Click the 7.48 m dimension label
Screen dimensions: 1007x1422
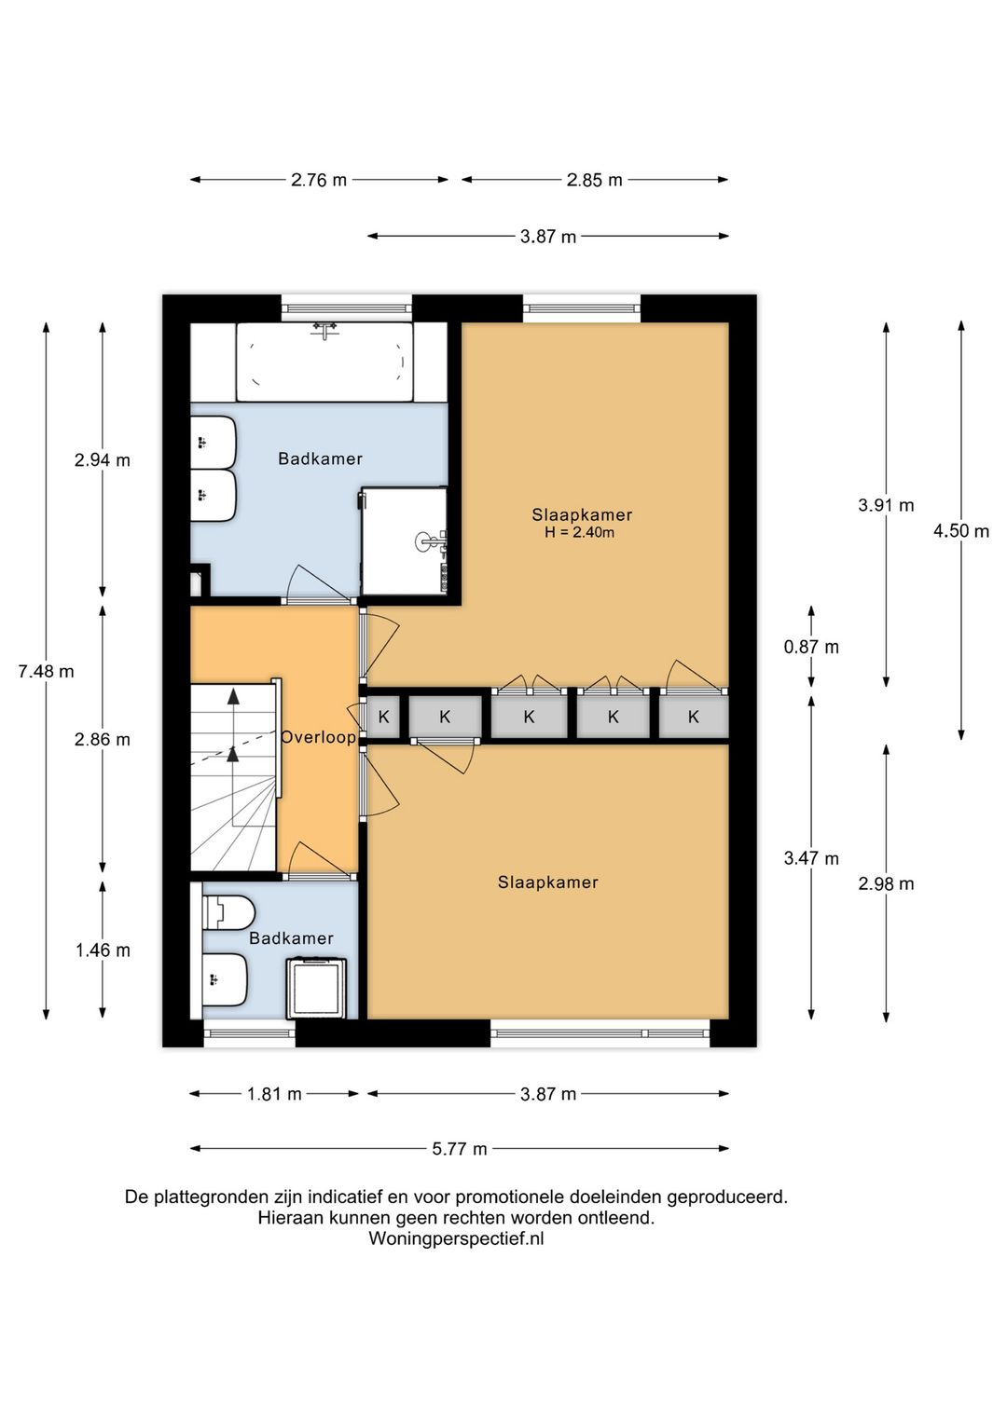46,671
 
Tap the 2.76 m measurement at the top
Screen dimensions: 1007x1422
319,180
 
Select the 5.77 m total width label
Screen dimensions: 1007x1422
460,1148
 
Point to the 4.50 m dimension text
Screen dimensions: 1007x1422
960,531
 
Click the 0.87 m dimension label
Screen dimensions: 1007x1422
810,647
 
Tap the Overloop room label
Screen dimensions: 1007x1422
318,737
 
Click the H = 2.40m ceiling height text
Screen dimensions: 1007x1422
579,533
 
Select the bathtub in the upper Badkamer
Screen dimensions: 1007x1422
324,362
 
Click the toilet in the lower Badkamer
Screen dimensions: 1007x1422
228,913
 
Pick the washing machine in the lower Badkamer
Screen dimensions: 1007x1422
317,989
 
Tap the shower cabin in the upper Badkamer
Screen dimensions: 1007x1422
404,540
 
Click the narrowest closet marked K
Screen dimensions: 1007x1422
384,718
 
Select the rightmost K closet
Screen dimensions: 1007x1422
693,718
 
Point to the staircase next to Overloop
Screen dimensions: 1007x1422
234,777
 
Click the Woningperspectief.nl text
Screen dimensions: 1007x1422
456,1237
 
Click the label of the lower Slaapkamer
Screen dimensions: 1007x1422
547,882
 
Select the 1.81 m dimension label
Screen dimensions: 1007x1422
274,1094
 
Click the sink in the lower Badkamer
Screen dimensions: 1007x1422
225,979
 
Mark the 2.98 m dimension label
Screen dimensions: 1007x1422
886,883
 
